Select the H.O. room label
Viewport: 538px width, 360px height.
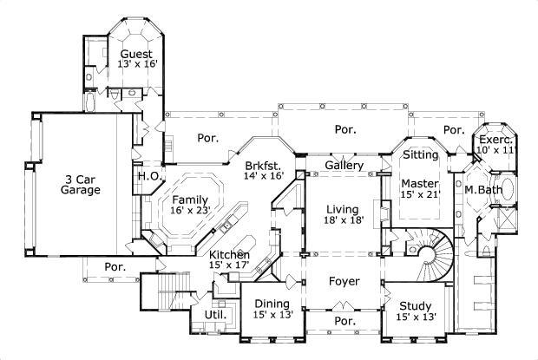(x=147, y=175)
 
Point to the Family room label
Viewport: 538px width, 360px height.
(x=190, y=200)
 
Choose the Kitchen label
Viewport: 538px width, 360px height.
(x=230, y=254)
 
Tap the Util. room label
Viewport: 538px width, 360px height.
(x=214, y=314)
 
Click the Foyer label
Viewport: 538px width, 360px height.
(x=343, y=281)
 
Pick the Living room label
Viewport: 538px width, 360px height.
(x=343, y=209)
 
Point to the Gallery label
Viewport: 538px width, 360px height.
(x=343, y=165)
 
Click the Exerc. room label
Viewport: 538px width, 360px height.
(x=496, y=139)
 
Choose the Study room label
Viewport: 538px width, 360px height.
(x=416, y=305)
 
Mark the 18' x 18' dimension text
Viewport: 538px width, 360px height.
(x=343, y=221)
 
